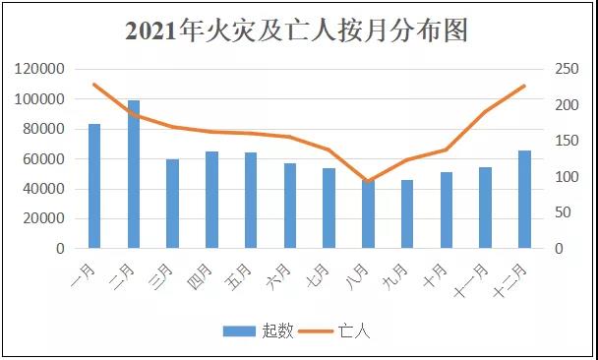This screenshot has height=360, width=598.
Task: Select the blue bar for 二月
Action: (134, 175)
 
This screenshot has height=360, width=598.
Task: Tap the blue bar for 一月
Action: (94, 187)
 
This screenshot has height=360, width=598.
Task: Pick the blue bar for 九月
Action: (407, 214)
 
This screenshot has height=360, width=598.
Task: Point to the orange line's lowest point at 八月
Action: (368, 182)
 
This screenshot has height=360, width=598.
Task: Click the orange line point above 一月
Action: (94, 85)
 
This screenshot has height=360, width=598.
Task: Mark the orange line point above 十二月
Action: (524, 86)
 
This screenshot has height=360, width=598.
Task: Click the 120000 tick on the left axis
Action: (40, 69)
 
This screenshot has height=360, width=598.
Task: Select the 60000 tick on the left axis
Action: (44, 159)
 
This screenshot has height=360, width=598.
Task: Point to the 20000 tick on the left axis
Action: (44, 219)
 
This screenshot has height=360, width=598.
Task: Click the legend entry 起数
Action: (258, 331)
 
